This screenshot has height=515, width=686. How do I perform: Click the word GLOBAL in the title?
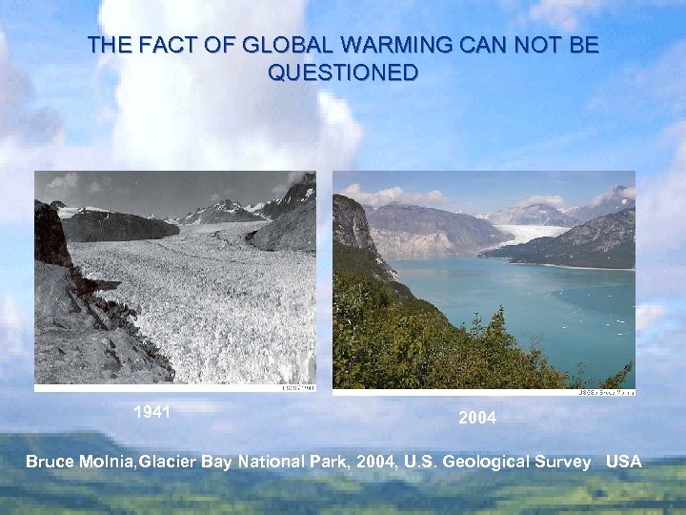(277, 45)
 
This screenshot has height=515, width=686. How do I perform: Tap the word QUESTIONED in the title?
(343, 72)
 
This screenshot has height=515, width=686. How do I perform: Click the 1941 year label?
(151, 412)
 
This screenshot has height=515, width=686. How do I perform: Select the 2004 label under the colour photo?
(477, 418)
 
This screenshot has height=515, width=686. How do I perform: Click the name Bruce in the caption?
(50, 462)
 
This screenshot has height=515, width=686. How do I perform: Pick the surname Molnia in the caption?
(107, 462)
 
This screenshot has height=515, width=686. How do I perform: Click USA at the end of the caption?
(624, 462)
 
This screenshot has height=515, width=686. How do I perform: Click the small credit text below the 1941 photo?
(297, 388)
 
